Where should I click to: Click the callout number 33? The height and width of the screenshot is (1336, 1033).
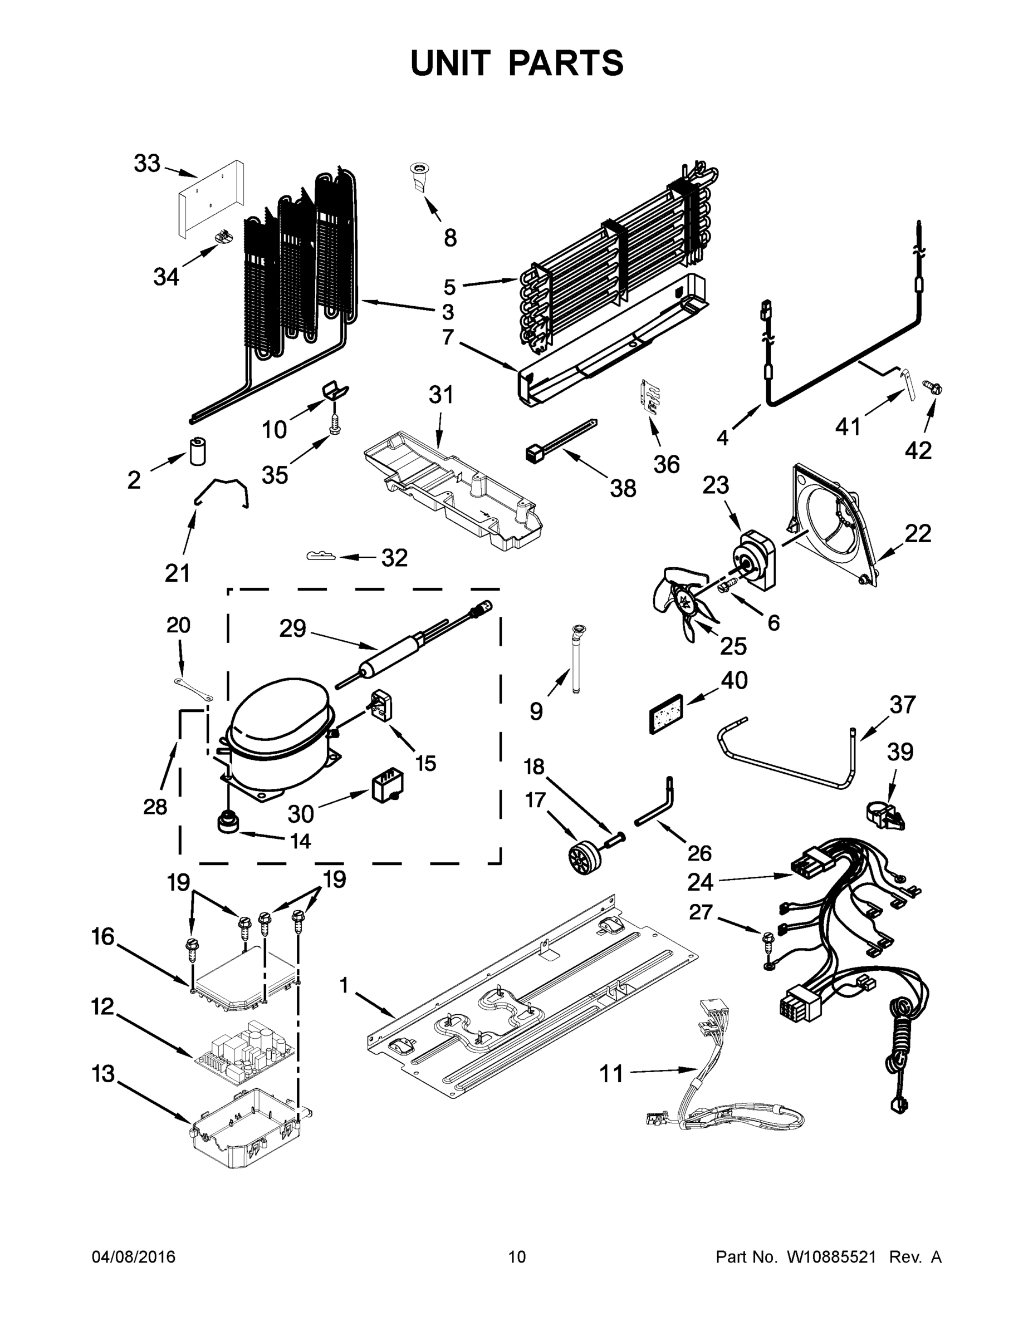147,164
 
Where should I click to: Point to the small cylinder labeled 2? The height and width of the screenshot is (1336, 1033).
197,451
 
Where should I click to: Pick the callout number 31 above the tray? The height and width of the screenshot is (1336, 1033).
440,395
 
